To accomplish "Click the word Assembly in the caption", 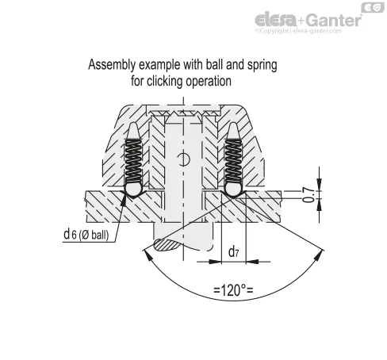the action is coord(112,65).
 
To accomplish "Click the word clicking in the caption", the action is coord(164,81).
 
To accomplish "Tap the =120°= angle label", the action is coord(233,290).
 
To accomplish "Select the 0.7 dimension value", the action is coord(308,195).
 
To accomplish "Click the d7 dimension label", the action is coord(234,251).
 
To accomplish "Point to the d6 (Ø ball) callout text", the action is coord(86,235).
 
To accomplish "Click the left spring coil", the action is coord(133,161).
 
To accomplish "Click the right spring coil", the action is coord(233,161).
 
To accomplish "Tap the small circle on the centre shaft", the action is coord(183,159).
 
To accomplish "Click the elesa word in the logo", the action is coord(276,21).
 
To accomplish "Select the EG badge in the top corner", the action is coord(373,8).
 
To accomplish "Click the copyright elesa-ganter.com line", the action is coord(298,31).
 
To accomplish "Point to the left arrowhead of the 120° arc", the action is coord(147,256).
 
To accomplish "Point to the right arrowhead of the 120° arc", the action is coord(320,255).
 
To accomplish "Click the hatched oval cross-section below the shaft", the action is coord(167,245).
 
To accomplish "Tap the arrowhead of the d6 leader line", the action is coord(124,200).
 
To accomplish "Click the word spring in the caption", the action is coord(262,66).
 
